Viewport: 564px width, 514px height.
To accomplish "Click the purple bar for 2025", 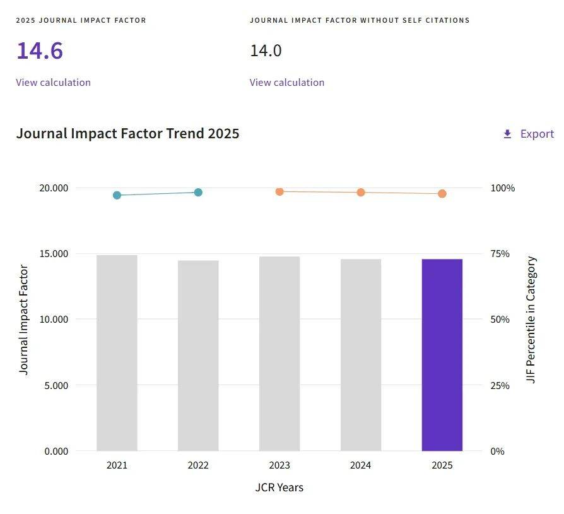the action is [442, 355].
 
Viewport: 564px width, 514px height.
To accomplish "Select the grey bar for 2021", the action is [117, 353].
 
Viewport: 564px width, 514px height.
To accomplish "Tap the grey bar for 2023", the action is [279, 354].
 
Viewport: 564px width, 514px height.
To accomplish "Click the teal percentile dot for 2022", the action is [198, 192].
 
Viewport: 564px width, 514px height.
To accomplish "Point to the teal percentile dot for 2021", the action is [117, 195].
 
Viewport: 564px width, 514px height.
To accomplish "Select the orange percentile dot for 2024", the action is [361, 192].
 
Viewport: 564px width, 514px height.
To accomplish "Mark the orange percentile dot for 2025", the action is [442, 194].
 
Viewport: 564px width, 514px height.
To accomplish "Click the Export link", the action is [537, 134].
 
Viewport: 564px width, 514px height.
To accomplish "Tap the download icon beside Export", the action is [507, 134].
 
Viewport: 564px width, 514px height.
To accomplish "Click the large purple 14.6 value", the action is [40, 51].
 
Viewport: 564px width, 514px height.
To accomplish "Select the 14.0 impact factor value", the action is [266, 51].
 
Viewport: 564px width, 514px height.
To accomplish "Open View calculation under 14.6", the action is [53, 83].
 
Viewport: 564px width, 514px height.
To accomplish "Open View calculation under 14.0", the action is [287, 83].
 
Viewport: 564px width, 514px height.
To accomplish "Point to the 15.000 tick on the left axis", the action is [54, 254].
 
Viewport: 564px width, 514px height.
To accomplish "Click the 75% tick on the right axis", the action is [500, 254].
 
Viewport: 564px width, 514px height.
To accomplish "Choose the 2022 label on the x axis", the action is [198, 465].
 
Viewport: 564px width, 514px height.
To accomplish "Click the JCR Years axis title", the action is [279, 487].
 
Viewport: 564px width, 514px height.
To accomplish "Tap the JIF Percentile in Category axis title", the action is [531, 320].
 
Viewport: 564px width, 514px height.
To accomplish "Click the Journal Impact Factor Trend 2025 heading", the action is [127, 133].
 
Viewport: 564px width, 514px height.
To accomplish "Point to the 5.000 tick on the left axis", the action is [56, 385].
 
